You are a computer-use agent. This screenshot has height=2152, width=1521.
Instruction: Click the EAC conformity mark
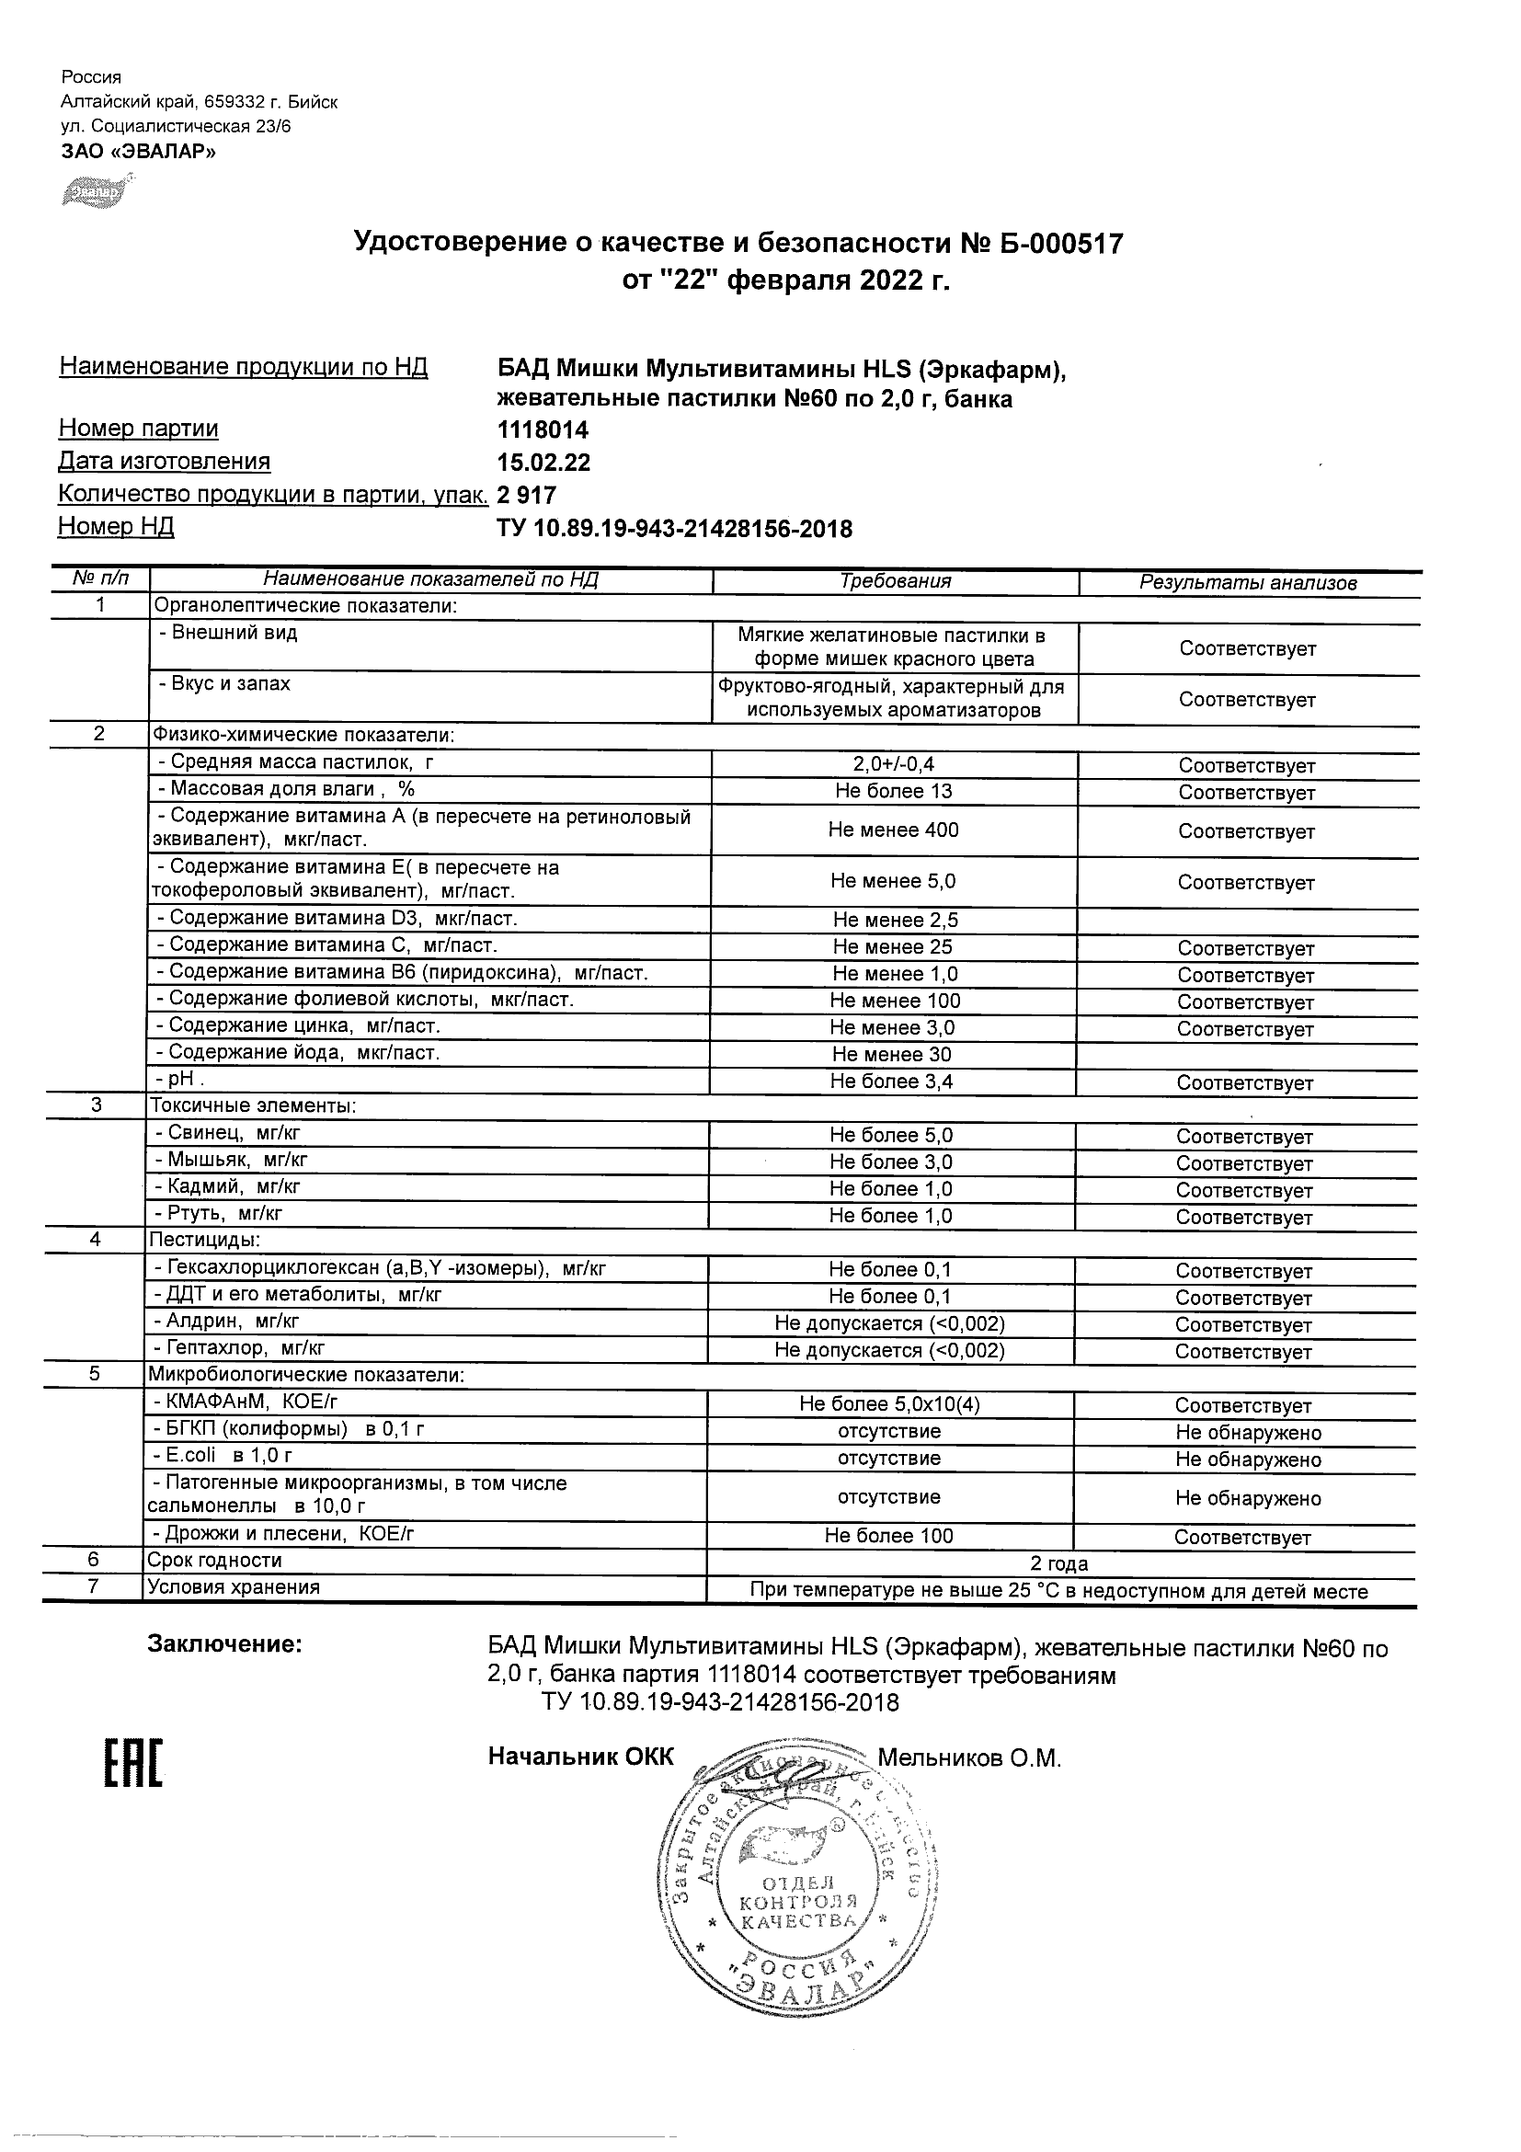(x=132, y=1770)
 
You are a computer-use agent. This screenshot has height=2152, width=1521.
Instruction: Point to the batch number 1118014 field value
(x=543, y=430)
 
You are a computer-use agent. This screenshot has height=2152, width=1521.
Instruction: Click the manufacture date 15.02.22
(x=543, y=463)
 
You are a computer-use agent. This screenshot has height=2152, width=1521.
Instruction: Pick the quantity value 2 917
(x=527, y=495)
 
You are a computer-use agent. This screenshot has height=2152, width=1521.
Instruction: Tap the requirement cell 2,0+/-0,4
(x=894, y=765)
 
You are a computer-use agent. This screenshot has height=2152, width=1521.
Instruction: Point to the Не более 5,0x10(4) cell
(x=889, y=1404)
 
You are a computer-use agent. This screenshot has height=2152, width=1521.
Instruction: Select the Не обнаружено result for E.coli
(x=1248, y=1459)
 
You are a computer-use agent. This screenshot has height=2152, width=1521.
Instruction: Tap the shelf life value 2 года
(x=1059, y=1563)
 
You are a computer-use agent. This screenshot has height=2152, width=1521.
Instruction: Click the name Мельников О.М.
(x=968, y=1758)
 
